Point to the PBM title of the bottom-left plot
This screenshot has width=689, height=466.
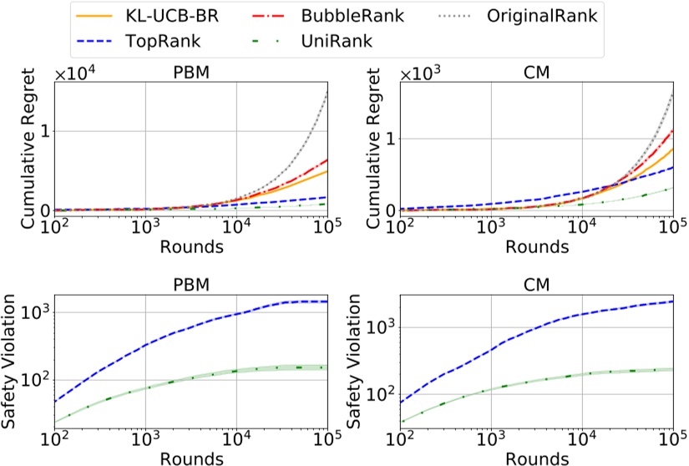click(x=190, y=286)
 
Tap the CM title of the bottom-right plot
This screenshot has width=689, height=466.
click(x=534, y=286)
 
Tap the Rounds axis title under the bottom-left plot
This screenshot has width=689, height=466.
click(x=190, y=458)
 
